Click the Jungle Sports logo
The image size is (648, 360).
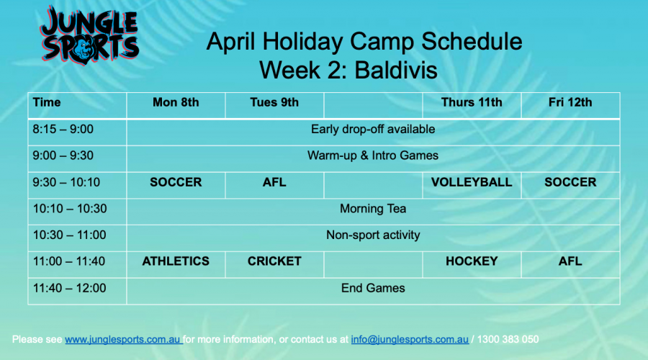(x=90, y=35)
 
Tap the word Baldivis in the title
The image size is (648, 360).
(x=395, y=70)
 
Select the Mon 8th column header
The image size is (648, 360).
(x=176, y=102)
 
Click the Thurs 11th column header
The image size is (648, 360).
(x=472, y=102)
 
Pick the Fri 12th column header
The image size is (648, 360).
(x=570, y=102)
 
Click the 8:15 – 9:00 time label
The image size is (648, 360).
(x=63, y=130)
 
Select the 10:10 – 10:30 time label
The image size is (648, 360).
(x=70, y=209)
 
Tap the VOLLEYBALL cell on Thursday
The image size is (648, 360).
(x=472, y=182)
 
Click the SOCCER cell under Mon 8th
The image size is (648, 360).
(x=176, y=182)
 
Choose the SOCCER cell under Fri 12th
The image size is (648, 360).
(x=570, y=182)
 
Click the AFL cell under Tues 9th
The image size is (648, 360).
(x=274, y=182)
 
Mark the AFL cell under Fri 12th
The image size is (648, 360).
(x=570, y=261)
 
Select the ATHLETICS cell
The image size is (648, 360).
(x=176, y=261)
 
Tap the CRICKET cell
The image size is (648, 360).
(x=274, y=261)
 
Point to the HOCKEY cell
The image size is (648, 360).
(x=472, y=261)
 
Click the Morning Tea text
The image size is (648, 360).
(x=373, y=209)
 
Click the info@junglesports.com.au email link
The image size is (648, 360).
(x=410, y=339)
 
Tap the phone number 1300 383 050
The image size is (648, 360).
(x=508, y=339)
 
